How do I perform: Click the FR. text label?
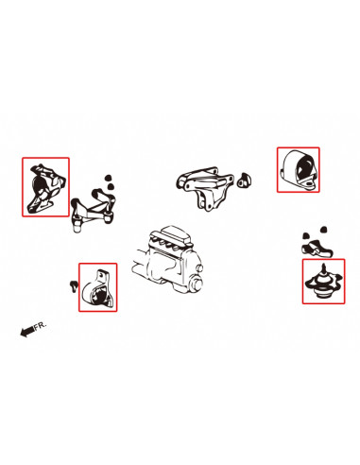tap(40, 325)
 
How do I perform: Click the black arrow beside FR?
tap(26, 331)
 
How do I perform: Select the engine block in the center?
tap(167, 260)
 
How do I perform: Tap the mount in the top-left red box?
tap(46, 189)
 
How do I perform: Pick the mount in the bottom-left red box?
tap(97, 290)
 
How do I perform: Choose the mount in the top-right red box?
tap(298, 170)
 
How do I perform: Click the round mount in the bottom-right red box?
tap(323, 283)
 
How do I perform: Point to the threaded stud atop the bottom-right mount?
tap(323, 268)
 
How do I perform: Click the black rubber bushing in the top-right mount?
tap(304, 167)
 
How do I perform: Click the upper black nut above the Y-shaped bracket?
tap(109, 178)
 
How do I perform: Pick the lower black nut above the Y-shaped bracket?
tap(110, 186)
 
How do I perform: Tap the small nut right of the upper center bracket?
tap(245, 181)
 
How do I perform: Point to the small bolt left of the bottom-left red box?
tap(74, 285)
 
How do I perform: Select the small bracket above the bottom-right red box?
tap(316, 249)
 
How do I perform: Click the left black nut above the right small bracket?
tap(305, 235)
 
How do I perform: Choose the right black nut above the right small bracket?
tap(323, 229)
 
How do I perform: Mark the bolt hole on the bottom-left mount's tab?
tap(101, 274)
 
